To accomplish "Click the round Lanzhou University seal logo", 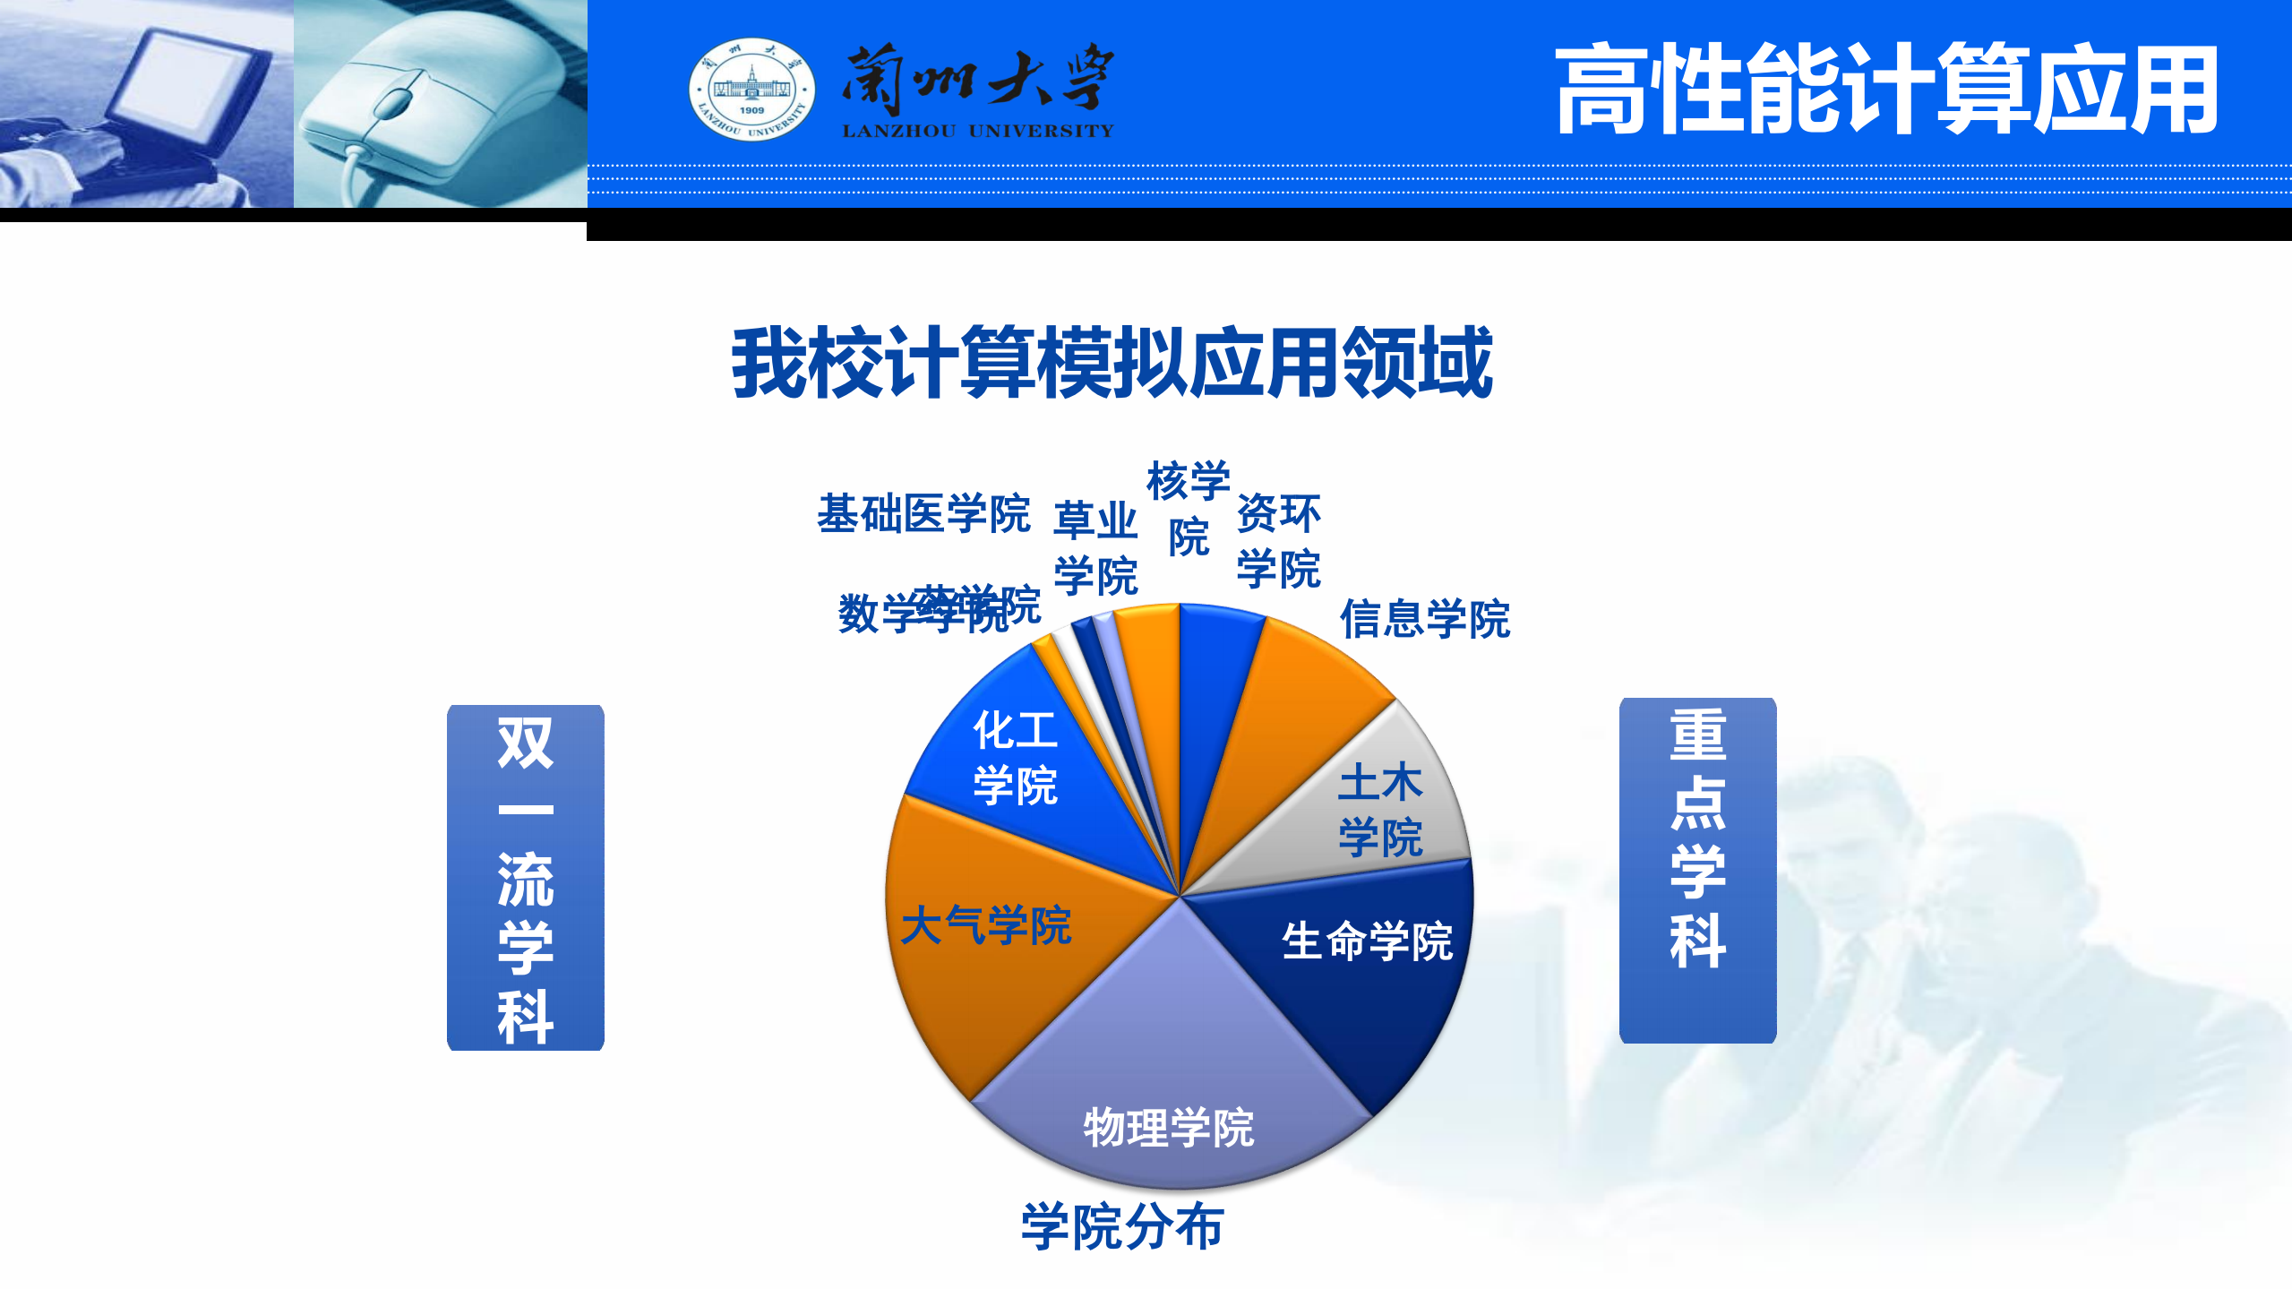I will pos(751,90).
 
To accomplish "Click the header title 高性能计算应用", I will pos(1885,90).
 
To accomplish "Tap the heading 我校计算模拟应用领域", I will pos(1112,363).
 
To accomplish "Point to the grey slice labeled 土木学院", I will pos(1370,806).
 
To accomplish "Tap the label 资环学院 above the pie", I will pos(1278,541).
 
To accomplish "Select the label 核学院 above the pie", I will pos(1189,508).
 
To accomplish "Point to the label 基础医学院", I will pos(923,514).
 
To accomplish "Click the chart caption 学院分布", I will pos(1122,1226).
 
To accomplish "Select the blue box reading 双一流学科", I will pos(526,877).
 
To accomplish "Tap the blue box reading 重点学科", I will pos(1697,870).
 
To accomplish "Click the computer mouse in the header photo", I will pos(421,99).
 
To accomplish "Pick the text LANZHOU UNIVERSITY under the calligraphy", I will pos(977,132).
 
